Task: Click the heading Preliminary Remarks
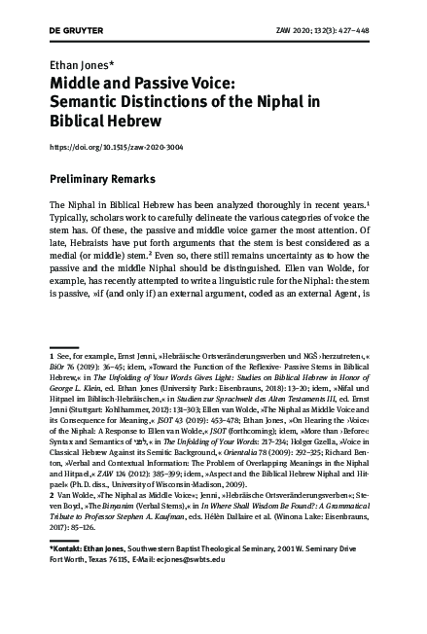pyautogui.click(x=106, y=179)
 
